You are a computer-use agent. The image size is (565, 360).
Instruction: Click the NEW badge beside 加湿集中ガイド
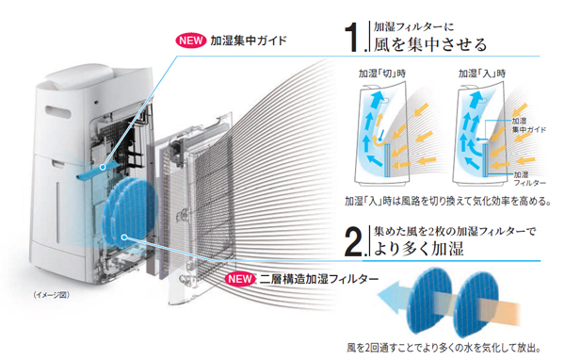196,41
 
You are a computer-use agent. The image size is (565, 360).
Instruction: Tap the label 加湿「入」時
482,74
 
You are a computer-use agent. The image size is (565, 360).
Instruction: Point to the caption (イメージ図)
53,296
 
